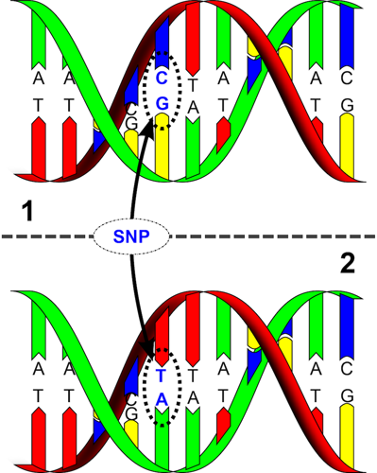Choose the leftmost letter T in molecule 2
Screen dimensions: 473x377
(38, 398)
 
